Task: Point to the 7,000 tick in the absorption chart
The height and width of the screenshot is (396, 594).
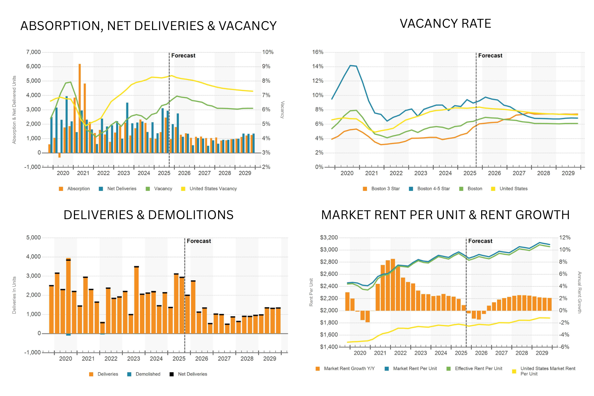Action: pos(33,52)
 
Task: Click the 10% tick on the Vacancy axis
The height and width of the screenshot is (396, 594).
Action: pos(268,52)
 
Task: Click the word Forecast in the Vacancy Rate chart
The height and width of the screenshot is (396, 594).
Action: pos(490,56)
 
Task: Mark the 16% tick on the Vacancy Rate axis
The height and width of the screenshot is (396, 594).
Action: pos(318,52)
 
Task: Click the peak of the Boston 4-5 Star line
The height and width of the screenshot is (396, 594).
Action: pos(350,65)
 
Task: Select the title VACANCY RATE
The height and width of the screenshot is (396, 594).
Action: pos(445,24)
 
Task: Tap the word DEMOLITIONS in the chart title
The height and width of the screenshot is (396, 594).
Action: pos(190,215)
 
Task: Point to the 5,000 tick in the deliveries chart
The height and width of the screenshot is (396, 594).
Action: pos(33,238)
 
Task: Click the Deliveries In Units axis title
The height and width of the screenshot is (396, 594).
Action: pos(14,295)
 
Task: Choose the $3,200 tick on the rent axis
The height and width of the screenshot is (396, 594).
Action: pos(329,238)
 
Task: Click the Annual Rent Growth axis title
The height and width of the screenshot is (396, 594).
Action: pos(579,292)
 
